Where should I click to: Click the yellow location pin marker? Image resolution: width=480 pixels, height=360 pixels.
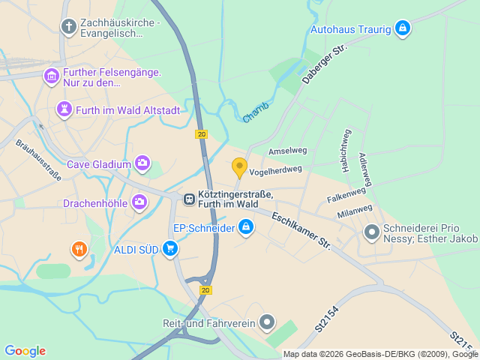[239, 167]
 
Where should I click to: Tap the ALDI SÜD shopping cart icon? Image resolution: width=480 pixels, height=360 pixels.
[171, 249]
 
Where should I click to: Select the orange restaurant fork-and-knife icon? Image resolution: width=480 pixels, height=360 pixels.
[79, 249]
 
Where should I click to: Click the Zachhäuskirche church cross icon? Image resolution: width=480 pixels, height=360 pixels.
[68, 28]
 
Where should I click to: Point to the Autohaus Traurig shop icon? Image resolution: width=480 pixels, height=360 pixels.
[403, 28]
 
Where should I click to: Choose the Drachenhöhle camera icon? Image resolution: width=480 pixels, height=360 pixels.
[139, 202]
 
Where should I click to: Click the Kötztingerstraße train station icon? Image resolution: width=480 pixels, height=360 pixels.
[189, 199]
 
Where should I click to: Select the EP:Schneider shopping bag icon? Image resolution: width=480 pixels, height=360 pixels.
[246, 226]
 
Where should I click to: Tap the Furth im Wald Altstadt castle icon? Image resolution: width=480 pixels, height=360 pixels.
[64, 110]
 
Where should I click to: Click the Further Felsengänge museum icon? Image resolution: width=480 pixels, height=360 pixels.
[52, 76]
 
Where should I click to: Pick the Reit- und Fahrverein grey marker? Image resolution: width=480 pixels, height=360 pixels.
[268, 323]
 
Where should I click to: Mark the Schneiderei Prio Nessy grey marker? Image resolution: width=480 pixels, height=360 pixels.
[371, 232]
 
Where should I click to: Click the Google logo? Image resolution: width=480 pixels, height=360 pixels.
[25, 351]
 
